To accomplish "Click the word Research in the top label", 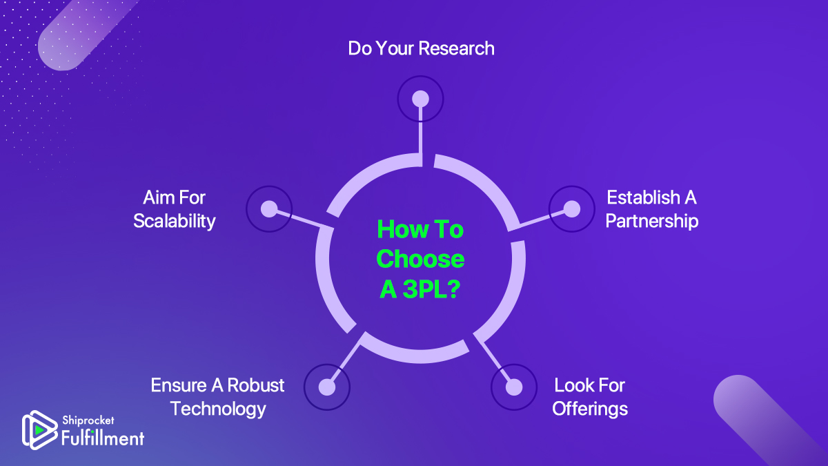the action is (457, 48).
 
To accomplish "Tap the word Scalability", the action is (175, 222).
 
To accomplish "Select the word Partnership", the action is (651, 221).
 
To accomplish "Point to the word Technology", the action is (218, 409).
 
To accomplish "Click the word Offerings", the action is (590, 409).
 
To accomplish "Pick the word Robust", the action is (256, 385).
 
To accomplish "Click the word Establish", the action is (643, 197).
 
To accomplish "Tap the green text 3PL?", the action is (431, 289).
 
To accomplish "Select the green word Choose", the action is (420, 259).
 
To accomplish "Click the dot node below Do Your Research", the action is (420, 99).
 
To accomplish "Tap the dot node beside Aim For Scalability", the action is (269, 209).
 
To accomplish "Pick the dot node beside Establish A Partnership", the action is (572, 209).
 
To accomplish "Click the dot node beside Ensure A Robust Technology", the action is (327, 387).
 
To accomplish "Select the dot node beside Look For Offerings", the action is (514, 387).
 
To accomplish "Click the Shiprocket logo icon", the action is (39, 429).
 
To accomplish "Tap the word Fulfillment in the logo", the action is (103, 438).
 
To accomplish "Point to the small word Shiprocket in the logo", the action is (88, 420).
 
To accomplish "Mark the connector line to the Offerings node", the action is (493, 360).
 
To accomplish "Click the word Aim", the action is (154, 197).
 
